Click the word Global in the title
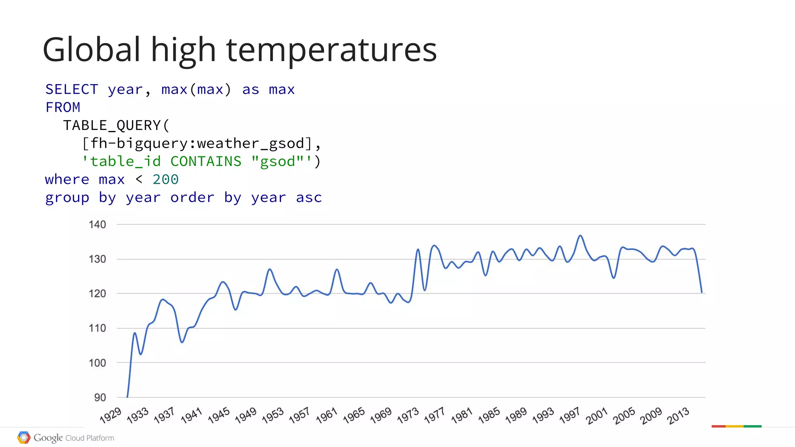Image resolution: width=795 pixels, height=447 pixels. tap(91, 50)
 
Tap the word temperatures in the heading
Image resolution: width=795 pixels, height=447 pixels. tap(332, 50)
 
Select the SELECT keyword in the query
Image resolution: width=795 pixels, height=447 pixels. tap(72, 90)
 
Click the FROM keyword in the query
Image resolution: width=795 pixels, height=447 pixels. tap(63, 107)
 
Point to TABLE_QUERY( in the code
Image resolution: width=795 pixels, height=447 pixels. tap(116, 126)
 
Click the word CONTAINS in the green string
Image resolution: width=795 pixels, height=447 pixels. tap(206, 161)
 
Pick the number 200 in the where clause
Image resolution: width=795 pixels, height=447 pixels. tap(165, 179)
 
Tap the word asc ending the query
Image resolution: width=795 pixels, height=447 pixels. tap(309, 198)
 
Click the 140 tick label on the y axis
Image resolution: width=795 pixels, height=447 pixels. tap(97, 224)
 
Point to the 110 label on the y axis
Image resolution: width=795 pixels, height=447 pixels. tap(97, 328)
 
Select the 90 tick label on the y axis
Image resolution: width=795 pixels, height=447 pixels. tap(100, 397)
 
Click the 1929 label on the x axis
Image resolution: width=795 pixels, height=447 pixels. tap(111, 415)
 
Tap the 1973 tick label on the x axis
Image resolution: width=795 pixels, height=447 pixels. tap(408, 415)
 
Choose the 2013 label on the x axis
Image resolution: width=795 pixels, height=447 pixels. tap(678, 415)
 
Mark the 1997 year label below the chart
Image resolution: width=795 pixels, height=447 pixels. tap(569, 415)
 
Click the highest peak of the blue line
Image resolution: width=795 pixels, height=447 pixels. tap(580, 235)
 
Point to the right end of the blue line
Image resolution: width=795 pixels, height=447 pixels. tap(701, 292)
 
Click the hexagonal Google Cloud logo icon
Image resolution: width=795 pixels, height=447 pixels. tap(24, 438)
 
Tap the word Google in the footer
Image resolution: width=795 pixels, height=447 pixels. tap(48, 438)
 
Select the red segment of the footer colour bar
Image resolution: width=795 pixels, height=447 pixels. tap(719, 426)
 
